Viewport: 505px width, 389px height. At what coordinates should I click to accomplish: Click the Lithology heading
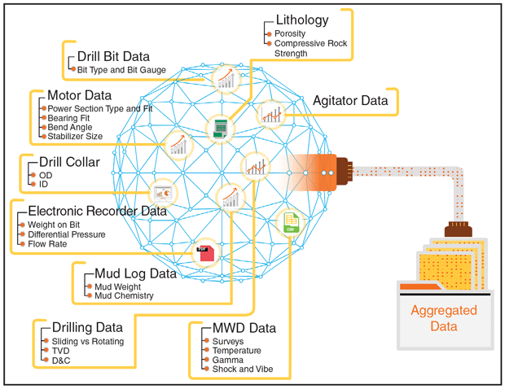click(301, 20)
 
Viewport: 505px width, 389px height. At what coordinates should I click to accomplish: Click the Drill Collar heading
click(69, 162)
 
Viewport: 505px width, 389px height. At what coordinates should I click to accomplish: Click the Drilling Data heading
click(87, 328)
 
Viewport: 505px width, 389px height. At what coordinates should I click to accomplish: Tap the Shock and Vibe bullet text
click(242, 369)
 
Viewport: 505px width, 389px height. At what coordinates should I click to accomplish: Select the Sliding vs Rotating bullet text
click(88, 341)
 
